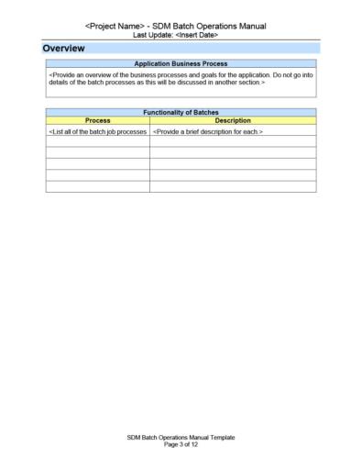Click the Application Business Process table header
point(181,64)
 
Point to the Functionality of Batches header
point(181,112)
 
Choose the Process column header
point(97,120)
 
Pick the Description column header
point(233,120)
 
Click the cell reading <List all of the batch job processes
point(97,132)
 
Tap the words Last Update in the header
point(152,35)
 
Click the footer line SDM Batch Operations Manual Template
point(181,438)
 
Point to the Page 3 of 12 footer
point(181,445)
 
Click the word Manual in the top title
point(259,26)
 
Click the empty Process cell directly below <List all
point(97,142)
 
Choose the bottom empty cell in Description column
point(233,186)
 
